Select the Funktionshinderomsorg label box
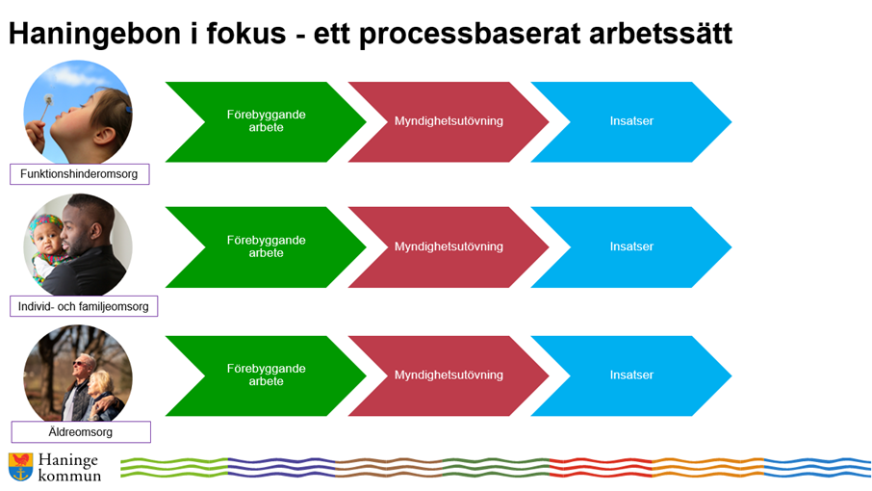[79, 174]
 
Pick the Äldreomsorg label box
[81, 432]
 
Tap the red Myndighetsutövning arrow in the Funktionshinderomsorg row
[448, 121]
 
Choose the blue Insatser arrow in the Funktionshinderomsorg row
[630, 121]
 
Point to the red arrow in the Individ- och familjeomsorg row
[448, 246]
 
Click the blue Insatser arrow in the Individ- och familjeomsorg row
[630, 246]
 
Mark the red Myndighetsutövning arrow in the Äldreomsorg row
[448, 375]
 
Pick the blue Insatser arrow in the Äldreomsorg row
[630, 375]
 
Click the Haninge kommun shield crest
[20, 467]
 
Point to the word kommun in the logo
[69, 476]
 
